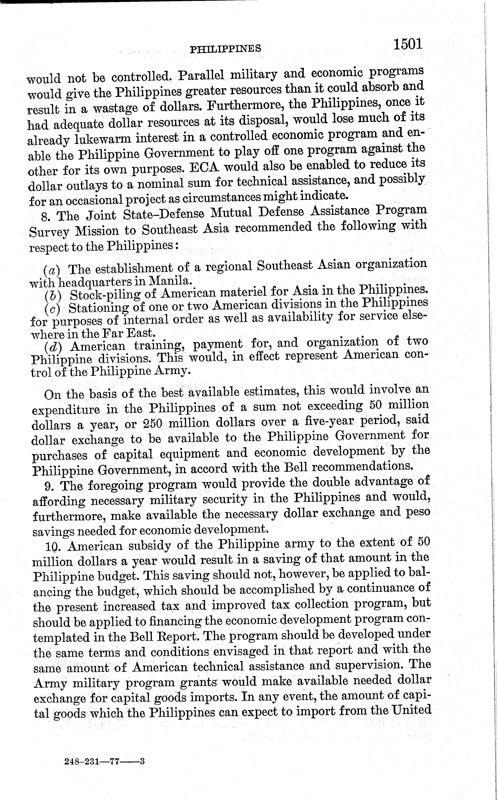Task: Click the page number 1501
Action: point(408,44)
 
